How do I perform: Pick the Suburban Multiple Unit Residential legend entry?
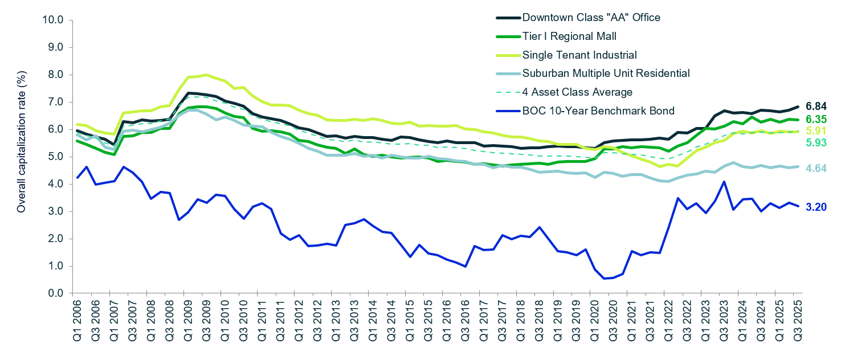pos(606,73)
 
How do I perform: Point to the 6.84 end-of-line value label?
pos(815,107)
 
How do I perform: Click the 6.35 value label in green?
pos(815,120)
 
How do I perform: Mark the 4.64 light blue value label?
pos(815,169)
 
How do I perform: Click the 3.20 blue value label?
pos(815,207)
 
